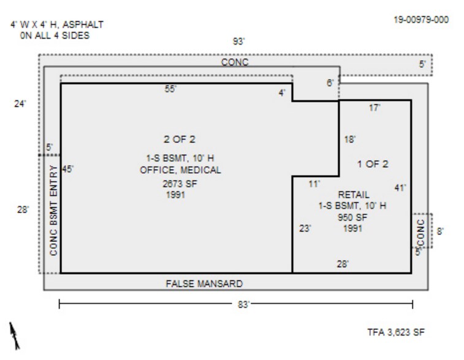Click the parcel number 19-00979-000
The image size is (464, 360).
point(420,20)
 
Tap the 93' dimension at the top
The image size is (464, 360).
point(238,42)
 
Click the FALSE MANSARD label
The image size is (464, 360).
point(204,283)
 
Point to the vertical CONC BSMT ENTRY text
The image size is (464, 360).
point(53,210)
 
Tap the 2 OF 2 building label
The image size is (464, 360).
point(180,140)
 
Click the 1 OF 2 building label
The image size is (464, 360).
point(373,163)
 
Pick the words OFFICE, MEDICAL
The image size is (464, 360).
point(180,170)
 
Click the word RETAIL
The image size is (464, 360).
point(354,195)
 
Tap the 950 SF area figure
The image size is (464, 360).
point(352,217)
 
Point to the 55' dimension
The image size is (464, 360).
point(171,89)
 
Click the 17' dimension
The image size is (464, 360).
point(375,108)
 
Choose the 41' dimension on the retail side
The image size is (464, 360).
point(400,188)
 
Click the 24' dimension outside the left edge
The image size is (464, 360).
point(20,104)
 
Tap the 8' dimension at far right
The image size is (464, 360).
point(440,231)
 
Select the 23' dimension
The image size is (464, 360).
point(305,228)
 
